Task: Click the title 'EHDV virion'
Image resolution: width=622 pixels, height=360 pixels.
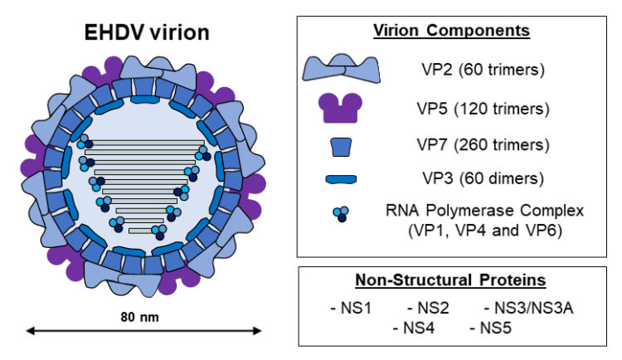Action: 148,32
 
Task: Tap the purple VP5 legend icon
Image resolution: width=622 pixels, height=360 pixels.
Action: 341,109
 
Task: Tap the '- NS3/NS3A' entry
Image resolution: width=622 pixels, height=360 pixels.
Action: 528,309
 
